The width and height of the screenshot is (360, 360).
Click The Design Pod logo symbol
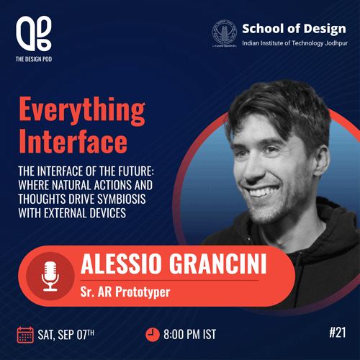click(34, 33)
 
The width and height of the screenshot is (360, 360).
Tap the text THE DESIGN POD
click(34, 59)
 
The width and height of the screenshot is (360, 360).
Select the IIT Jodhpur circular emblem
click(225, 33)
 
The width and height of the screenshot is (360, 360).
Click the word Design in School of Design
click(325, 29)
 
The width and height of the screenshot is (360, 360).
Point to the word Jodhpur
click(336, 43)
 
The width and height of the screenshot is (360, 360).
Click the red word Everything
click(82, 110)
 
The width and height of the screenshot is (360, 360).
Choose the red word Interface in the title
click(73, 141)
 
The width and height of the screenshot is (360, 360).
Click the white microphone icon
click(50, 276)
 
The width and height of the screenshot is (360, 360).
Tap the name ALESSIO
click(121, 264)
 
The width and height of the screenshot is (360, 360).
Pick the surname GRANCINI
click(218, 264)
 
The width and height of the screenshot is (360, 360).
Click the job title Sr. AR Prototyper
click(125, 292)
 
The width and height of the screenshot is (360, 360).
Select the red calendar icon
click(25, 335)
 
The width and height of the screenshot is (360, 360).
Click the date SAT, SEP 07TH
click(66, 335)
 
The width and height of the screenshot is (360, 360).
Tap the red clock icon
click(153, 334)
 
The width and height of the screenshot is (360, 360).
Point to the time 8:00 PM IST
click(189, 335)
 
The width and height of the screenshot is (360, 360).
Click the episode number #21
click(338, 333)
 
